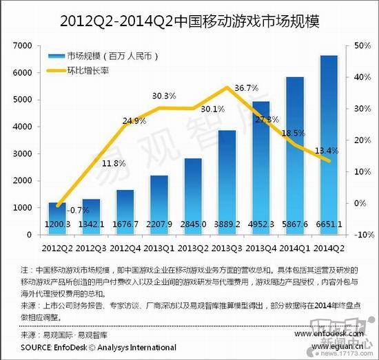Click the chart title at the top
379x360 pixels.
click(x=189, y=21)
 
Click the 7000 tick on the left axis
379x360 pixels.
click(x=23, y=45)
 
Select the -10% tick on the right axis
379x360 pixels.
click(x=362, y=235)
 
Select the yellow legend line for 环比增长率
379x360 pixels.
click(x=55, y=70)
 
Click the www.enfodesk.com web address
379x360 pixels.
click(x=329, y=333)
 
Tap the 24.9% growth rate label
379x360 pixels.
click(x=134, y=121)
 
